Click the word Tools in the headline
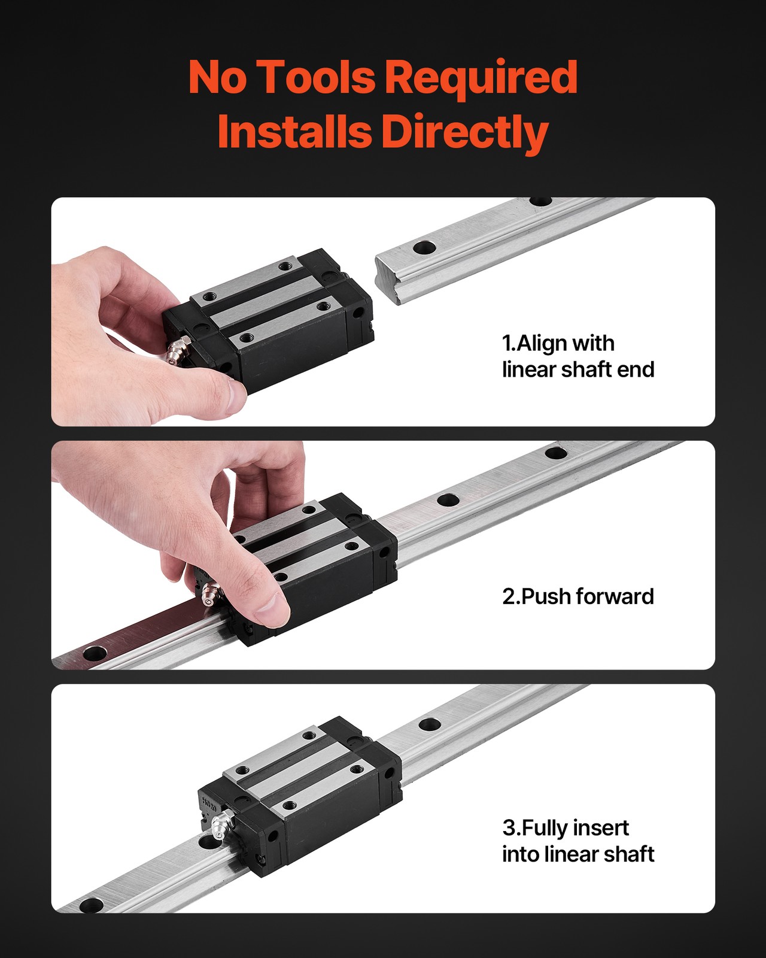pos(317,77)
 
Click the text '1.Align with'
pos(558,344)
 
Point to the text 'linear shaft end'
pos(578,370)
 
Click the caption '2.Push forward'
pos(578,596)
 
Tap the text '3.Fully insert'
pos(566,827)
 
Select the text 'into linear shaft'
pos(578,854)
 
